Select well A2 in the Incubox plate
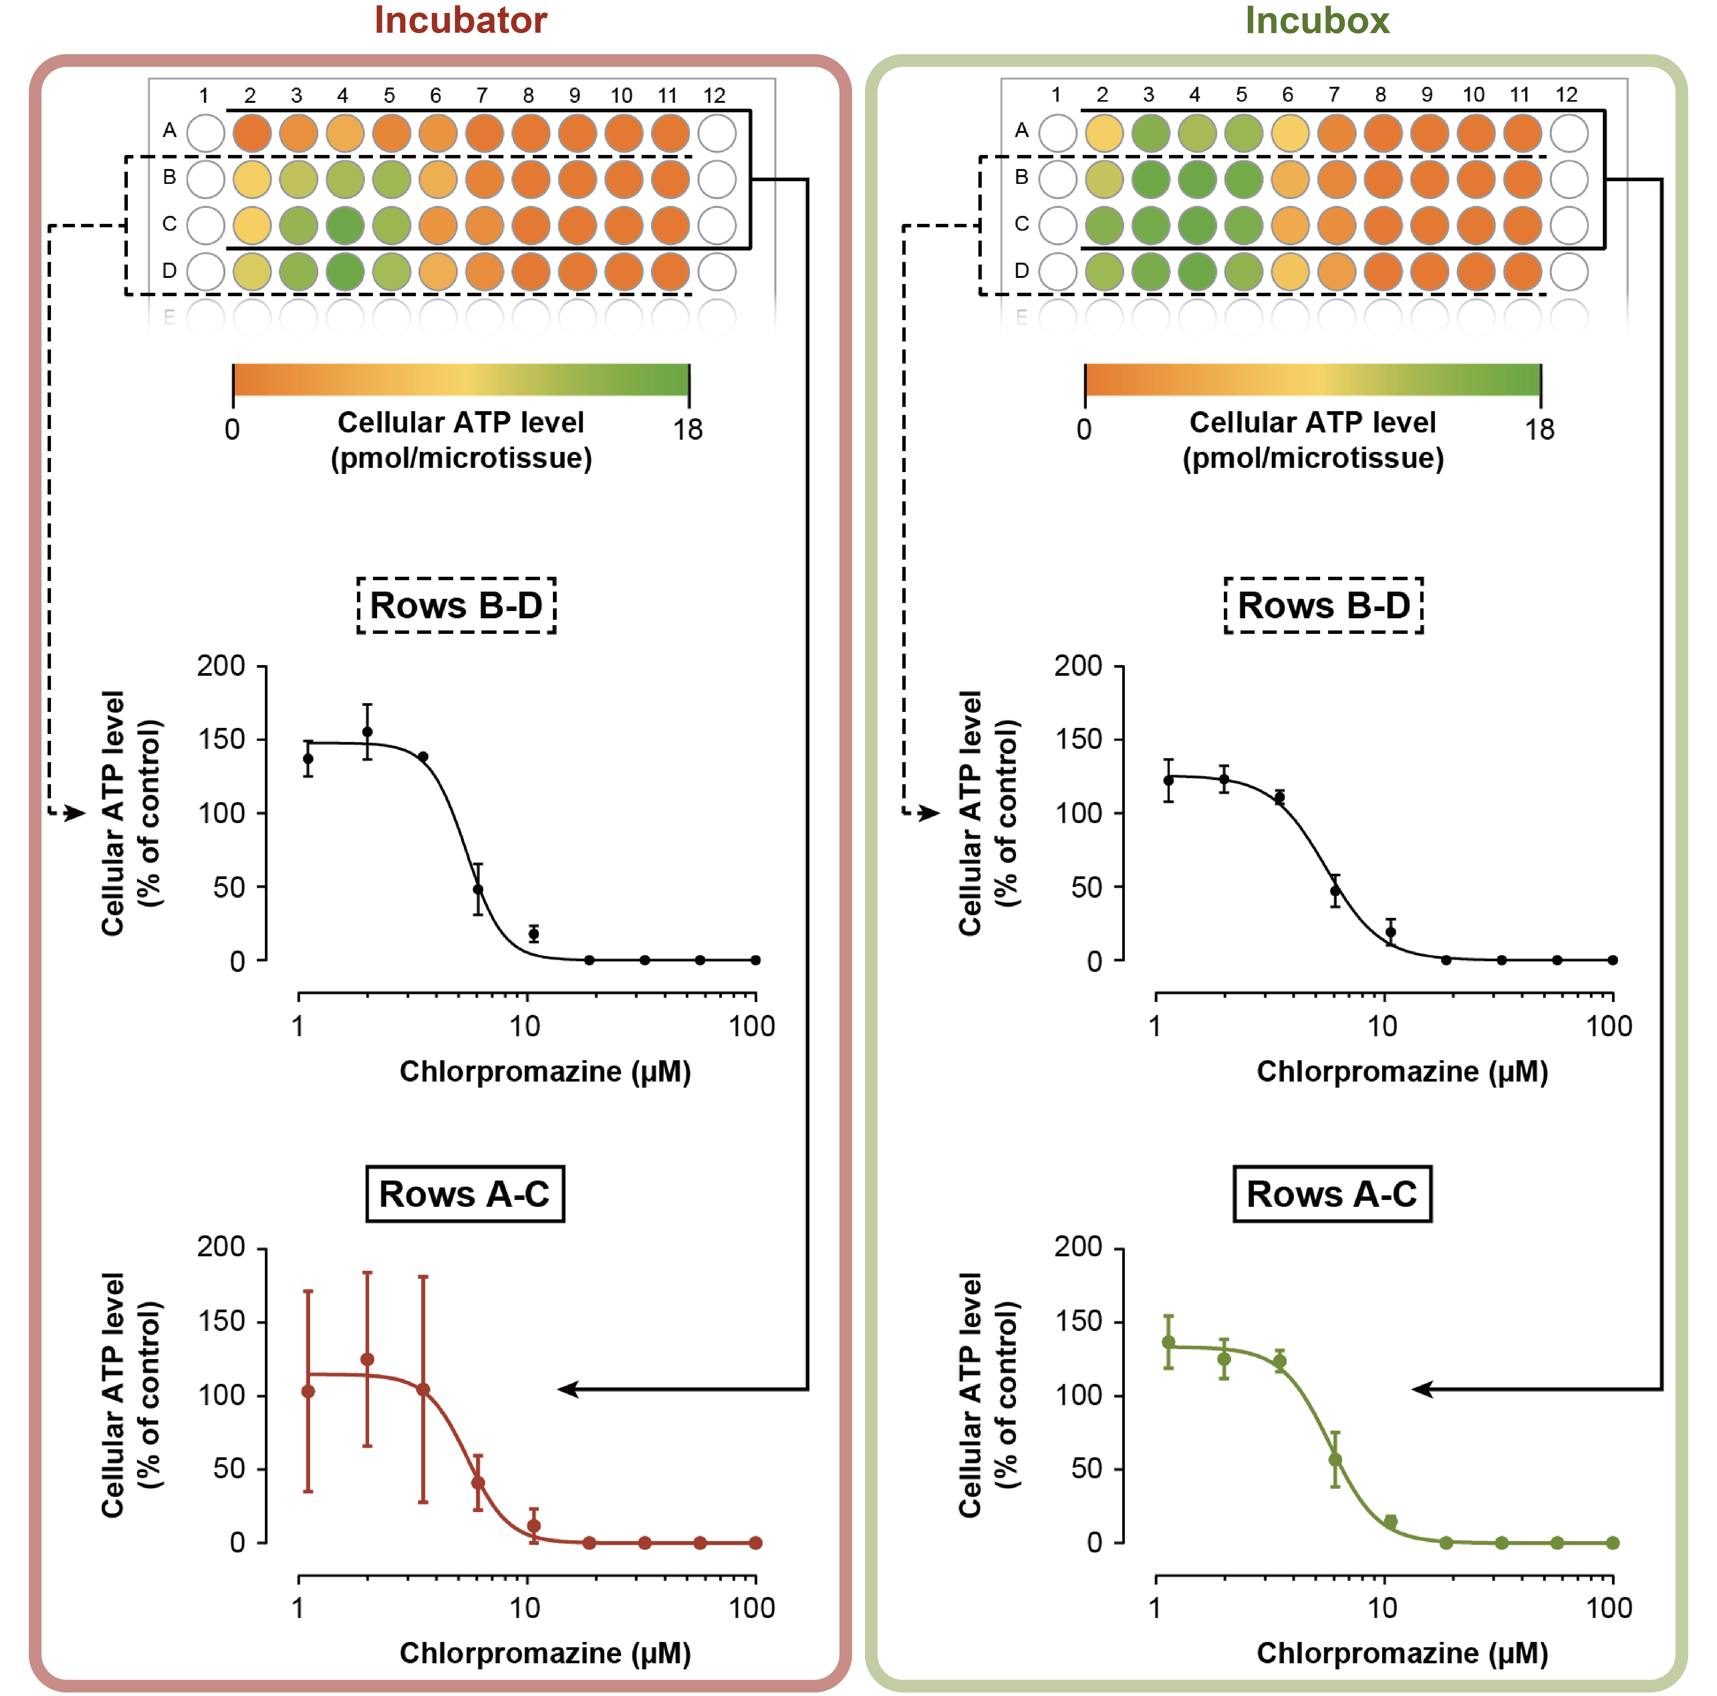point(1104,133)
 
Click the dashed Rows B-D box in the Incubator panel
point(456,605)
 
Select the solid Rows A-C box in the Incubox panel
point(1331,1194)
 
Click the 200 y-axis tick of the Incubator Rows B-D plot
point(221,666)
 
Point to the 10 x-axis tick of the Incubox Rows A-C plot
point(1382,1608)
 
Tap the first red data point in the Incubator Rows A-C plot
point(307,1391)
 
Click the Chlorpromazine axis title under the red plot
point(545,1653)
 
